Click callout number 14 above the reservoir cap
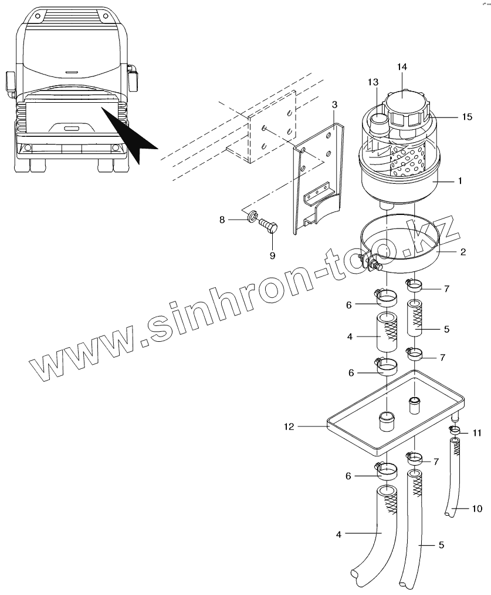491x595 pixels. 401,67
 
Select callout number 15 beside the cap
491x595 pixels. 466,117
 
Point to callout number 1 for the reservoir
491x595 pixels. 460,181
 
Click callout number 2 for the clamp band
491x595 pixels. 463,252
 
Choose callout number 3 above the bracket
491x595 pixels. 334,105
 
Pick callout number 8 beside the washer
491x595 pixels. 222,220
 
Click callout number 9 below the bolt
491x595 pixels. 272,255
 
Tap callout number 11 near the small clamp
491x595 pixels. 477,433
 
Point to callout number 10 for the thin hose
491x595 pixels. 478,507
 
